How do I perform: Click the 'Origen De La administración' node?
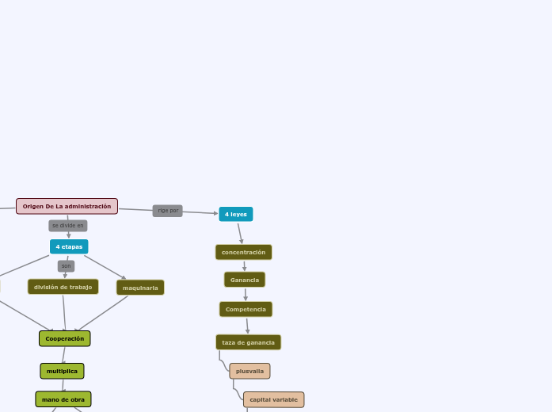(67, 206)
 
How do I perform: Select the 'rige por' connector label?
(168, 211)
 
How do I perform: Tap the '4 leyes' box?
(236, 214)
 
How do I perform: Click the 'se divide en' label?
(68, 226)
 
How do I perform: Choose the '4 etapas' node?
(69, 246)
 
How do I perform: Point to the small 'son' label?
(66, 266)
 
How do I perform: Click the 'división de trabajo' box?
(63, 287)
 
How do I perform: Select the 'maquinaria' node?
(140, 288)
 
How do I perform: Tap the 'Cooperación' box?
(65, 338)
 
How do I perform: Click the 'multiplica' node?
(63, 371)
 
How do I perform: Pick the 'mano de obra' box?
(63, 399)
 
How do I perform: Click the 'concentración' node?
(244, 252)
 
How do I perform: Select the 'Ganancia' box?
(245, 280)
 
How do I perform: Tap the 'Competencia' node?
(246, 309)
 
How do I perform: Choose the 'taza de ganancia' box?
(249, 342)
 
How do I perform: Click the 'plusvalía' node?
(250, 371)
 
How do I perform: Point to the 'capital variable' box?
(274, 399)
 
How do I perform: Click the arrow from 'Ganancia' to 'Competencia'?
(246, 294)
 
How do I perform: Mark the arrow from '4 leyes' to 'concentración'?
(240, 233)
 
